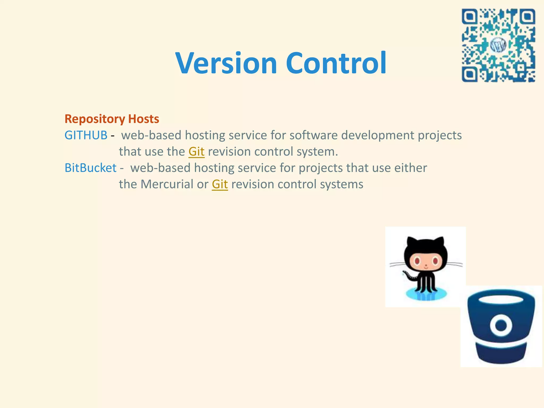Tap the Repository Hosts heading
click(112, 119)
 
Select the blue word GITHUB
click(86, 135)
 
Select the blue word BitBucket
click(91, 168)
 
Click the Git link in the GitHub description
click(197, 152)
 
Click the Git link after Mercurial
click(220, 184)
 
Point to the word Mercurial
click(167, 184)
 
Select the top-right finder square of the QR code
click(527, 17)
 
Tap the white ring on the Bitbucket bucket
click(501, 325)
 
